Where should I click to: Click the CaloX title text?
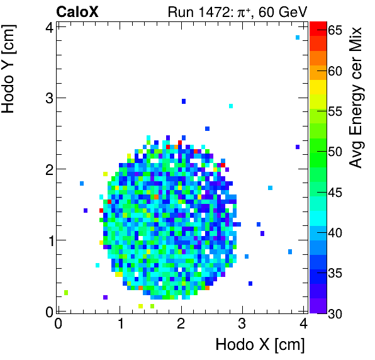(x=77, y=11)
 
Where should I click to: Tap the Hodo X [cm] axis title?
(x=260, y=345)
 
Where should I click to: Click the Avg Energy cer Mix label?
(x=357, y=98)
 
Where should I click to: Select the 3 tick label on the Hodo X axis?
(x=242, y=324)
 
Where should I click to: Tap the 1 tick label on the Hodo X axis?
(x=120, y=324)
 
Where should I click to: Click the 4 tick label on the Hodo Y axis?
(x=48, y=26)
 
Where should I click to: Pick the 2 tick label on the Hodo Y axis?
(x=48, y=169)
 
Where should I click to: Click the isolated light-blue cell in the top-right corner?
(x=298, y=38)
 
